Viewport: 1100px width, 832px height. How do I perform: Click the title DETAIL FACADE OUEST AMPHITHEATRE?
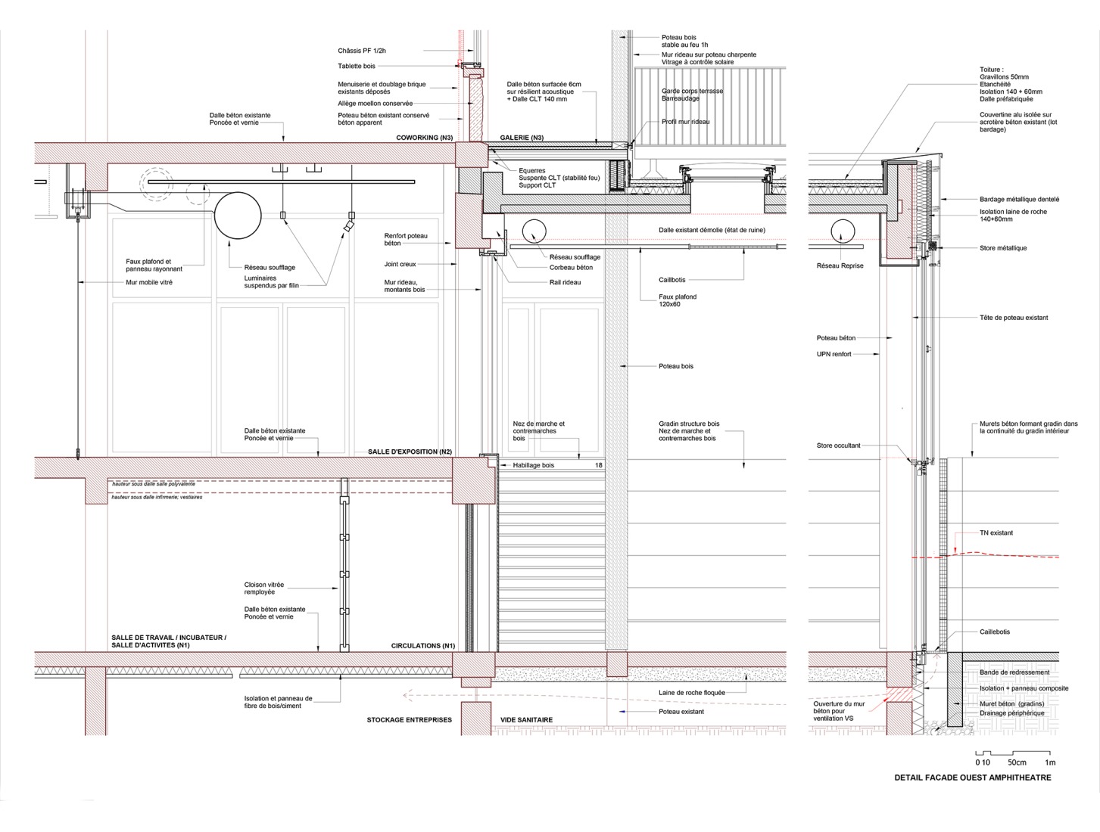click(973, 778)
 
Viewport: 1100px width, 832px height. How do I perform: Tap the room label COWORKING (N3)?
click(424, 138)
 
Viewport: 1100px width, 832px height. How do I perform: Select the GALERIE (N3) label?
click(522, 138)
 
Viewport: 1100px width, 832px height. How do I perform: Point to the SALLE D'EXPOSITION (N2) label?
click(410, 452)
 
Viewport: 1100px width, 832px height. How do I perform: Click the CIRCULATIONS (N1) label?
click(423, 646)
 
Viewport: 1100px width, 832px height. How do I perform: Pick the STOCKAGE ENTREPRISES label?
click(410, 720)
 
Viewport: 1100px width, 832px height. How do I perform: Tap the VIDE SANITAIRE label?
click(526, 720)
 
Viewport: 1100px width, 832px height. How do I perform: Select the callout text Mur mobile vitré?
click(149, 282)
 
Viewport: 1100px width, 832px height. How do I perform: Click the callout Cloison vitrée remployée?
click(264, 588)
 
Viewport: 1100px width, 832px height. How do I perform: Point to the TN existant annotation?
click(996, 532)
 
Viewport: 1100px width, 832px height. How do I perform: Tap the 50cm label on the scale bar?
click(1017, 762)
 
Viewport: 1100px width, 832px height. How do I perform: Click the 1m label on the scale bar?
click(1050, 762)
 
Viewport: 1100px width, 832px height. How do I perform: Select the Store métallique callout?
click(1003, 248)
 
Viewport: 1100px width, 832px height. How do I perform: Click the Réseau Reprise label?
click(840, 265)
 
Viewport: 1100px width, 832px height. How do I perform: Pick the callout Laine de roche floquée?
click(692, 693)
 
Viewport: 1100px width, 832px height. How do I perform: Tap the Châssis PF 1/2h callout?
click(362, 51)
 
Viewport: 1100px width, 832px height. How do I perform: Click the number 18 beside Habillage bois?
click(598, 465)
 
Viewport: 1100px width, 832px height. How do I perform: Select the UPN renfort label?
click(834, 354)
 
